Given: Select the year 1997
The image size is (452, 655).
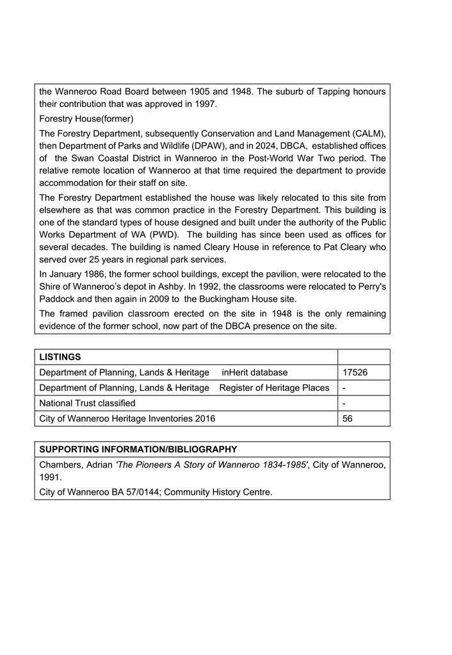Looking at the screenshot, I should [x=206, y=104].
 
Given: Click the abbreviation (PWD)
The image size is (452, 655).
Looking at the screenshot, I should [x=164, y=235].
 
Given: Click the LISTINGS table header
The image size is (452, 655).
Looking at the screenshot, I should [x=60, y=357].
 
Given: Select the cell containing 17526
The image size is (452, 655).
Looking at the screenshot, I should [x=355, y=372].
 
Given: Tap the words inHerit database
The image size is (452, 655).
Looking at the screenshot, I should [x=255, y=372].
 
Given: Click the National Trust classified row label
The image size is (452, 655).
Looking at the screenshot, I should [x=87, y=403].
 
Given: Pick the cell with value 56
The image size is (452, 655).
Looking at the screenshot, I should [x=348, y=419].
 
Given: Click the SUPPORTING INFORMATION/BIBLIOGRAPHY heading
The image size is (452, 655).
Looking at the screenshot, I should [x=138, y=449].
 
